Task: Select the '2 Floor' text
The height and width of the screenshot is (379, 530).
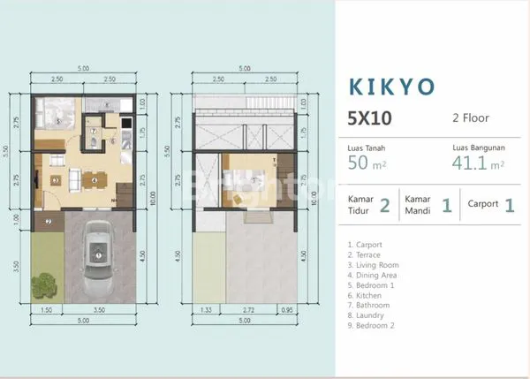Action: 470,117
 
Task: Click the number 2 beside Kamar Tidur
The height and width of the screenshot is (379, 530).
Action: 384,206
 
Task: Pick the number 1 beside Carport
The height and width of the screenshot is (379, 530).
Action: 510,206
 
